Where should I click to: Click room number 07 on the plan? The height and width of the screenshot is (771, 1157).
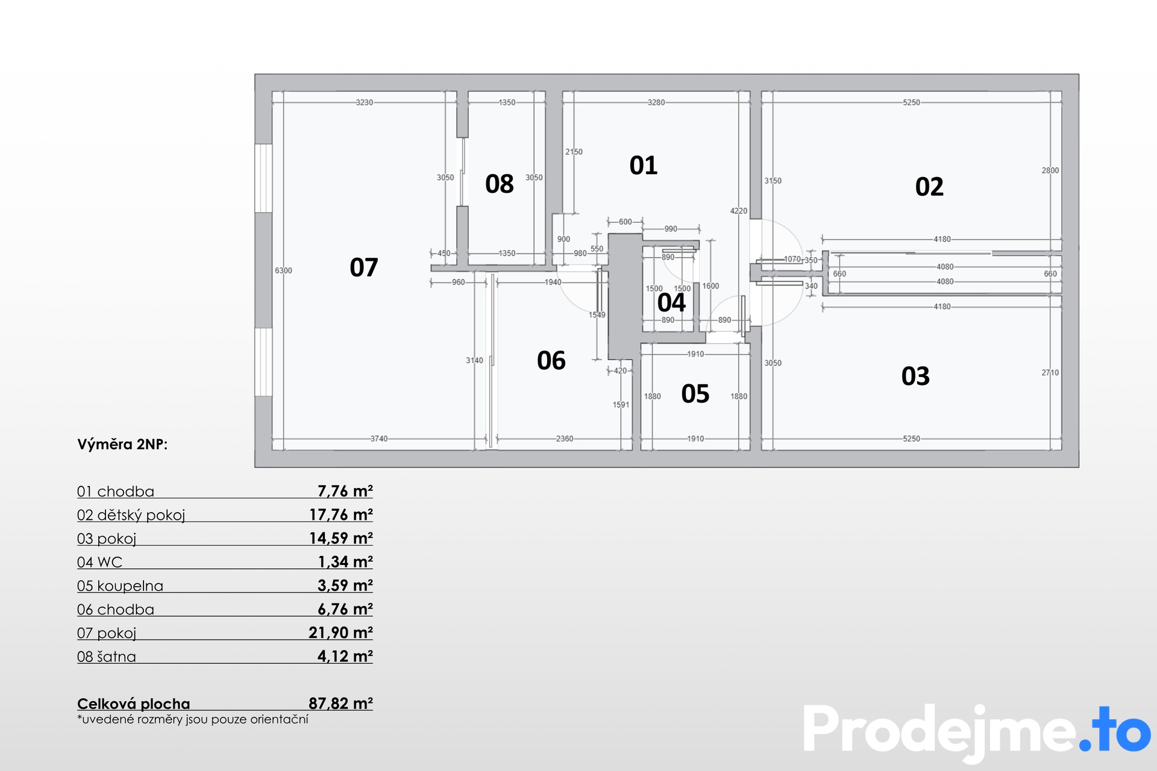[x=364, y=267]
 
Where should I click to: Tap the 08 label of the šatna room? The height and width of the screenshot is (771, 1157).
[x=500, y=184]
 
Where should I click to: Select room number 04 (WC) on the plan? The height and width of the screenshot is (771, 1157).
[x=671, y=302]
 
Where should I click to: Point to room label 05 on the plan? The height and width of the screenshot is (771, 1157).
[x=695, y=394]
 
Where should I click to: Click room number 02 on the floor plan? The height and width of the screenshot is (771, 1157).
[x=929, y=187]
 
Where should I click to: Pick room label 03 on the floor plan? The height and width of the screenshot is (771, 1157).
[x=915, y=376]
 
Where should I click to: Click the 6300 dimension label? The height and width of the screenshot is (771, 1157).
[x=283, y=271]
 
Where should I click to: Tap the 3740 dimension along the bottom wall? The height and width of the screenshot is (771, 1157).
[x=379, y=439]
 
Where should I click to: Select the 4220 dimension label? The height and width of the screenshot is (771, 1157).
[x=739, y=211]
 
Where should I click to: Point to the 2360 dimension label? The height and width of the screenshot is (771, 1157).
[x=565, y=439]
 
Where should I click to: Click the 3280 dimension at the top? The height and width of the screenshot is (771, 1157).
[x=656, y=102]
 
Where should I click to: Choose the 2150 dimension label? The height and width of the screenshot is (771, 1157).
[x=574, y=152]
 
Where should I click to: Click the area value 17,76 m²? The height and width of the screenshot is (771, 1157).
[x=341, y=515]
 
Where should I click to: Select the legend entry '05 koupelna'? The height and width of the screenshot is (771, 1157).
[x=120, y=586]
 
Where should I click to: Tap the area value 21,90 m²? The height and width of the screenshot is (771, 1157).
[x=340, y=633]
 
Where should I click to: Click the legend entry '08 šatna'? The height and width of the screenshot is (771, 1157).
[x=107, y=657]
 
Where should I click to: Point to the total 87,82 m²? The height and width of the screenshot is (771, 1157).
[x=340, y=704]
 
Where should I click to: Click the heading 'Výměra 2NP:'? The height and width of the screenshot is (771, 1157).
[x=122, y=445]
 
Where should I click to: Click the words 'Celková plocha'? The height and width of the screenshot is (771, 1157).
[x=133, y=704]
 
